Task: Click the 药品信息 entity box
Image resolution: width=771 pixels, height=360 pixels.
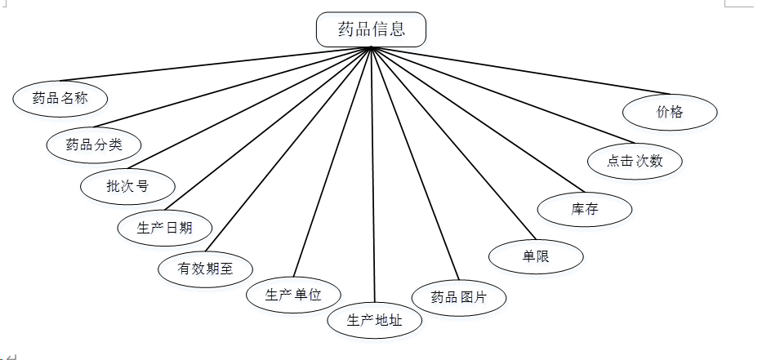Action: (x=371, y=29)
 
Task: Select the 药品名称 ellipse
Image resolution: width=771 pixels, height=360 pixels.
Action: (x=60, y=99)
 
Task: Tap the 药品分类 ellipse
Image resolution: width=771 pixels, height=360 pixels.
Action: (x=94, y=144)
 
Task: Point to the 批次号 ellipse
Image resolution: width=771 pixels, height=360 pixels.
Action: (x=127, y=185)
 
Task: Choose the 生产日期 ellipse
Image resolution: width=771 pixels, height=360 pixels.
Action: (x=165, y=227)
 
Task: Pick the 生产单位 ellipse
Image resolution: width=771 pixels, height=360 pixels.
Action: (x=293, y=295)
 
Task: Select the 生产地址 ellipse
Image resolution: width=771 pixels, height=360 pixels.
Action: (x=375, y=320)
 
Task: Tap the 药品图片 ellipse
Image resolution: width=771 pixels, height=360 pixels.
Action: (x=459, y=297)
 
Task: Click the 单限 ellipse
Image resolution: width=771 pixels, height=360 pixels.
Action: (x=536, y=256)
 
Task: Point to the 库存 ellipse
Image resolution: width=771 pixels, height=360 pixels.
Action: (x=585, y=209)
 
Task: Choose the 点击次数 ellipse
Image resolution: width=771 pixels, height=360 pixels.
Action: (x=635, y=161)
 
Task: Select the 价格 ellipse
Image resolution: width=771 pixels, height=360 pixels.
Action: (x=670, y=113)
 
